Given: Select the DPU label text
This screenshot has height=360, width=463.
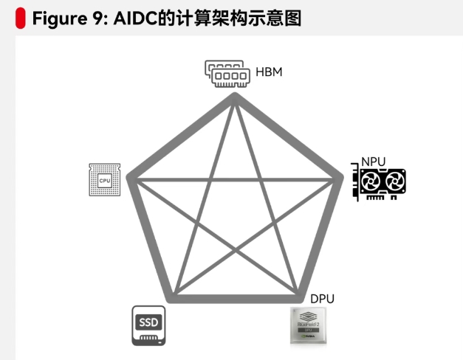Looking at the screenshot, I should tap(322, 299).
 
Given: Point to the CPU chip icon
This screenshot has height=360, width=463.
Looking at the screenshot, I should tap(104, 179).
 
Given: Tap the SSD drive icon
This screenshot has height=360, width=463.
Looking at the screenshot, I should tap(149, 325).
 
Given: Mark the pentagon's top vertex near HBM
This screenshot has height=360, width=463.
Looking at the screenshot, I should tap(235, 97).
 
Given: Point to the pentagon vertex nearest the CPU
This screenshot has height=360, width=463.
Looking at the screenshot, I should tap(131, 178).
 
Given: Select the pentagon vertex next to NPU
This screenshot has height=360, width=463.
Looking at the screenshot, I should tap(340, 178).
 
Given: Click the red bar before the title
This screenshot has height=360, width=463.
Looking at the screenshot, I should tap(19, 18).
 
